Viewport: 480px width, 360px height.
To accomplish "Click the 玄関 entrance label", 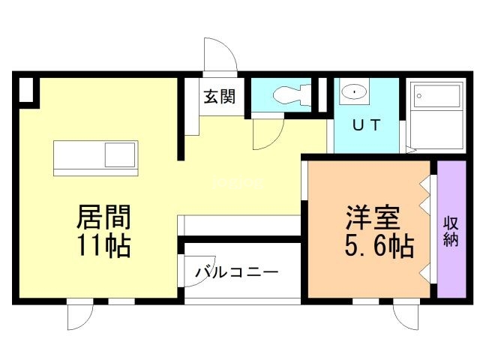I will tap(218, 97).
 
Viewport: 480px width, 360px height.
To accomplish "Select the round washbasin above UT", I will tap(351, 92).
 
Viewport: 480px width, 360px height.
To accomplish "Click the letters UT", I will tap(365, 125).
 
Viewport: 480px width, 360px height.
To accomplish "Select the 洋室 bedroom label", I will tap(373, 217).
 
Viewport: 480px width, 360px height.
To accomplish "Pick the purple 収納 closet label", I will tap(451, 231).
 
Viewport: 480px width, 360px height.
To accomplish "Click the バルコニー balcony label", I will tap(237, 271).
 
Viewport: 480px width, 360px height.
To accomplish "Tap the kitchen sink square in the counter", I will tap(120, 155).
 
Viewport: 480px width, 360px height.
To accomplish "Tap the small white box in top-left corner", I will tap(25, 91).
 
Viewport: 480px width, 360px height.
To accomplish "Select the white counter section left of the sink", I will tap(79, 155).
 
